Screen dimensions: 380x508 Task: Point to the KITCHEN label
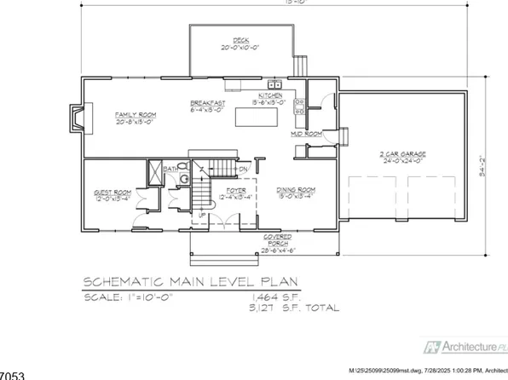[x=272, y=95]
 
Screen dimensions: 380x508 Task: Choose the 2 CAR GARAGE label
[x=403, y=154]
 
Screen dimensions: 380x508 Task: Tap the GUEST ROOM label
[x=110, y=193]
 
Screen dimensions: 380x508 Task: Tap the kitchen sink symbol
[x=275, y=83]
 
